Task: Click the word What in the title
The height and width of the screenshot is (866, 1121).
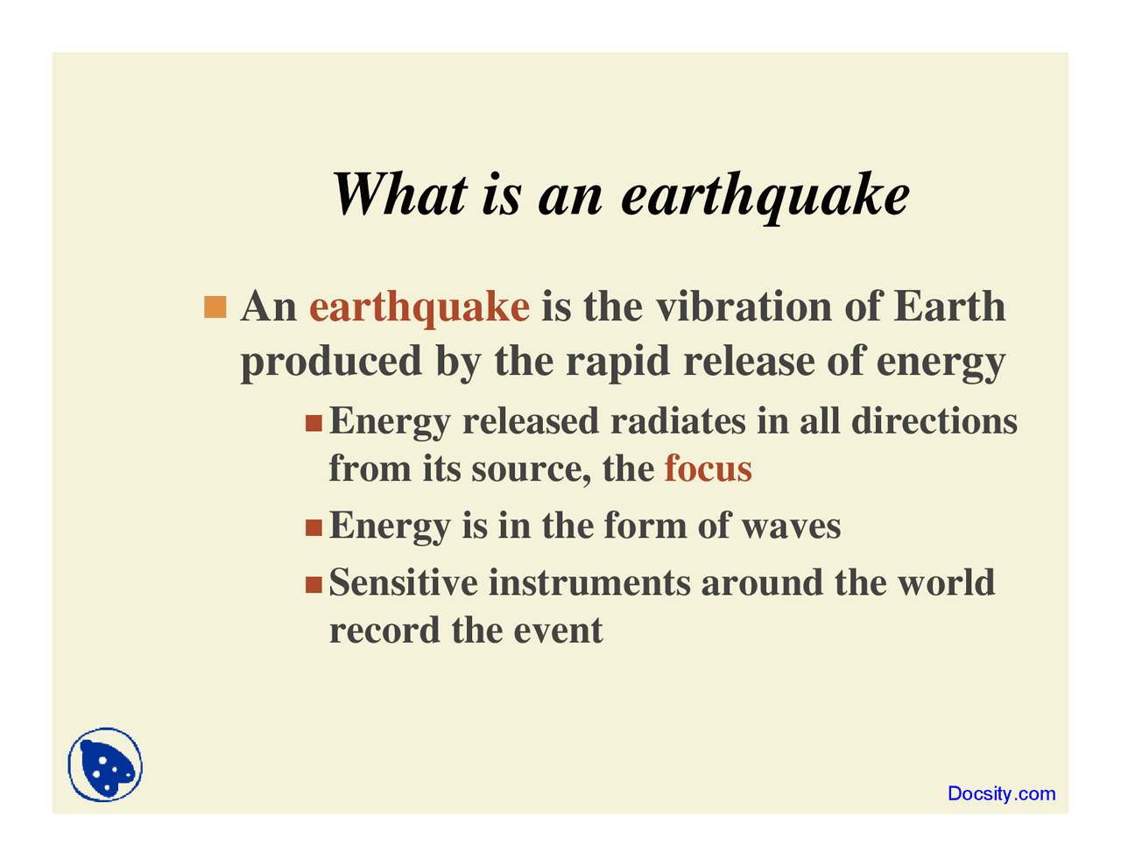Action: (399, 194)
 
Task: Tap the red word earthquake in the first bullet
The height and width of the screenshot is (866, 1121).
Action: (419, 307)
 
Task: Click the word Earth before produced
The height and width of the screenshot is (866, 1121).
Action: (949, 307)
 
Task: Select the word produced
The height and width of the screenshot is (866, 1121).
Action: (331, 361)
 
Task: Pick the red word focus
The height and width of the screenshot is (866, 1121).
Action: (708, 468)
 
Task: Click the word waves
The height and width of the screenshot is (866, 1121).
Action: (791, 525)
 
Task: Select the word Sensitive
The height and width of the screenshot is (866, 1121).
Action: (404, 582)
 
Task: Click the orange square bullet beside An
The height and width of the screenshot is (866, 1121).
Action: (215, 307)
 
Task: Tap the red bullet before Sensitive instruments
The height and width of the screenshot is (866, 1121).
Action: (314, 584)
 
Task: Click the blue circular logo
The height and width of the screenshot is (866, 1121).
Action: (105, 764)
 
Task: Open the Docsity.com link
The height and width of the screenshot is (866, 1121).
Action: (1001, 794)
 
